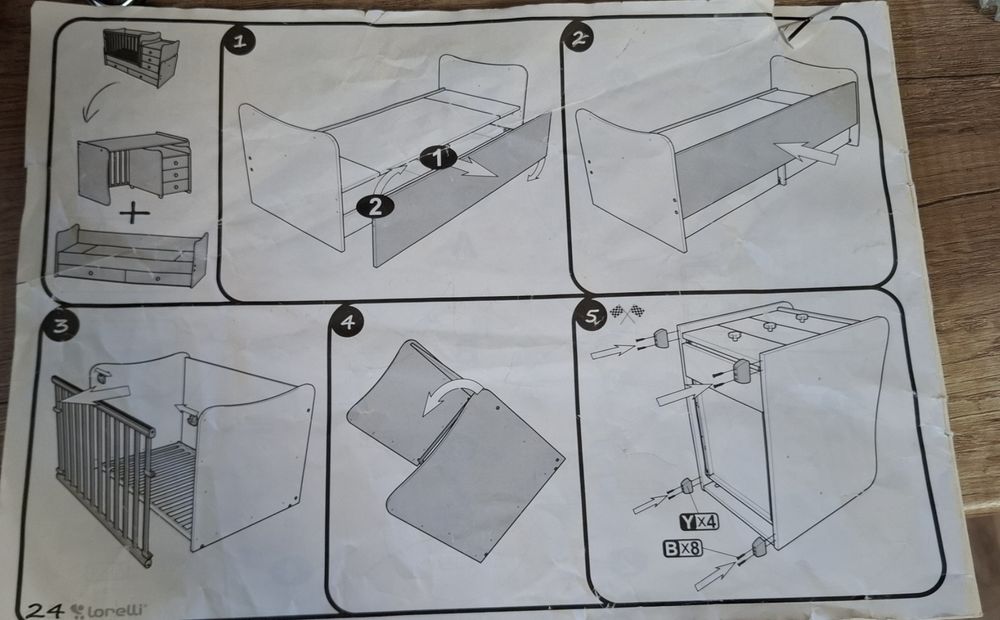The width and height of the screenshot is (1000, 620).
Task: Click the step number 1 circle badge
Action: (x=239, y=41)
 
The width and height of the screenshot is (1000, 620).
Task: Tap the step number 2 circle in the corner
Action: (x=578, y=38)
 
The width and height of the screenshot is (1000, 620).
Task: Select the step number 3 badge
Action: (x=60, y=326)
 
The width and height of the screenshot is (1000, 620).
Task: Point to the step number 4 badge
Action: (x=346, y=321)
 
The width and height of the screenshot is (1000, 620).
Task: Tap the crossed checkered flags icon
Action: (x=627, y=313)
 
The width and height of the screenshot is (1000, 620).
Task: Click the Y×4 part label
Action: (x=699, y=521)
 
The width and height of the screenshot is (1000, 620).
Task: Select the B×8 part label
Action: (x=682, y=548)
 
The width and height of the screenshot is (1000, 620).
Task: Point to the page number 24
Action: (x=45, y=610)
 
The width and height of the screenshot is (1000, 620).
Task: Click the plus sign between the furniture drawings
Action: (x=134, y=212)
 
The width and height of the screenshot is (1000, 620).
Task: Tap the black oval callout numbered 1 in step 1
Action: (x=438, y=157)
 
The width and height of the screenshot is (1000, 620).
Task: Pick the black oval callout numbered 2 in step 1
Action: (x=375, y=206)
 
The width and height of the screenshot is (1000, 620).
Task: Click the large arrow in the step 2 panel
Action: (x=807, y=153)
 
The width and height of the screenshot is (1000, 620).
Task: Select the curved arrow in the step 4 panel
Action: (x=452, y=394)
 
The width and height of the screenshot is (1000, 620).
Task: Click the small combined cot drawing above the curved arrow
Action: (x=141, y=57)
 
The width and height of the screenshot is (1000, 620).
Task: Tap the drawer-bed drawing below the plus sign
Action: (x=131, y=256)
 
